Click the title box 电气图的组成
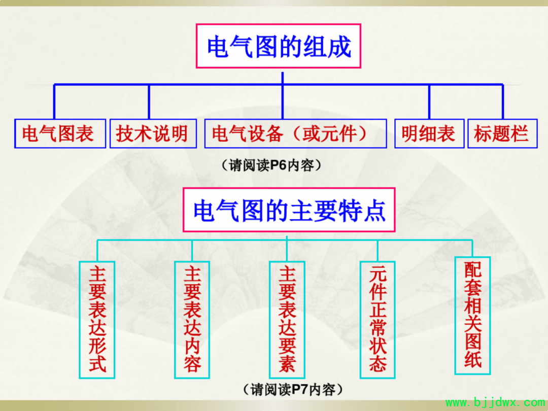pos(278,46)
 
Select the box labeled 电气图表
pos(60,133)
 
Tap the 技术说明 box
pos(153,133)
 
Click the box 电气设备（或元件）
pos(295,133)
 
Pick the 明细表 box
pos(429,133)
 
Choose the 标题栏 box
pos(502,133)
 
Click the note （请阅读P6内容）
pos(271,165)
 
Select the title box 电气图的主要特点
pos(289,210)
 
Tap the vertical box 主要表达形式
pos(97,320)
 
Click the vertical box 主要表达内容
pos(192,320)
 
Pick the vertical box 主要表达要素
pos(287,320)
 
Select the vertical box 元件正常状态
pos(378,320)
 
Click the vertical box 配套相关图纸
pos(472,316)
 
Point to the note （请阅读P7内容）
pos(293,389)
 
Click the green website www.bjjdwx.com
pos(495,403)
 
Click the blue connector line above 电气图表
pos(54,101)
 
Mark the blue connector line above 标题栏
pos(502,101)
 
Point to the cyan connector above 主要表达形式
pos(97,251)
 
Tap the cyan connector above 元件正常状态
pos(378,251)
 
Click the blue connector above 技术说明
pos(149,101)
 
